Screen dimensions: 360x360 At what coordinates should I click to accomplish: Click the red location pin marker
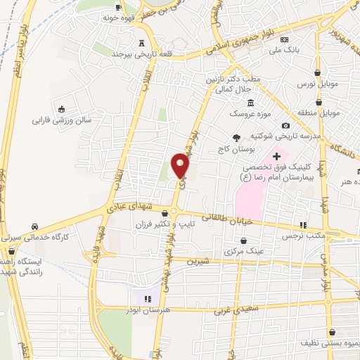[x=180, y=165]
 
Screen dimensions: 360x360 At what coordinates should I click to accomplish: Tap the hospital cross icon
[x=276, y=155]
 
